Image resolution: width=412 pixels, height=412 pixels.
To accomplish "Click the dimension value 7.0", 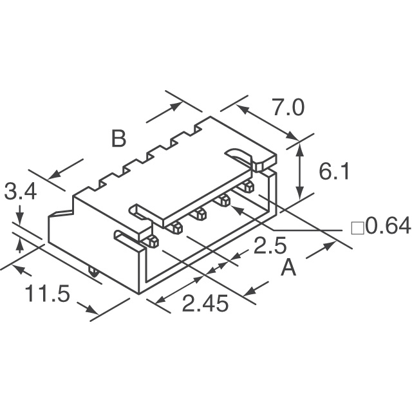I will [x=287, y=108].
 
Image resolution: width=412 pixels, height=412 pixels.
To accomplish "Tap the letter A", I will [x=289, y=267].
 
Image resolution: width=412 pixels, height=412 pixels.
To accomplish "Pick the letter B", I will [x=118, y=138].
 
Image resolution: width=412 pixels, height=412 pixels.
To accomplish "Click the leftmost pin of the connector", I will [x=152, y=242].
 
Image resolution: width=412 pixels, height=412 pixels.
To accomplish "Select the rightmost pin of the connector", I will [x=248, y=187].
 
